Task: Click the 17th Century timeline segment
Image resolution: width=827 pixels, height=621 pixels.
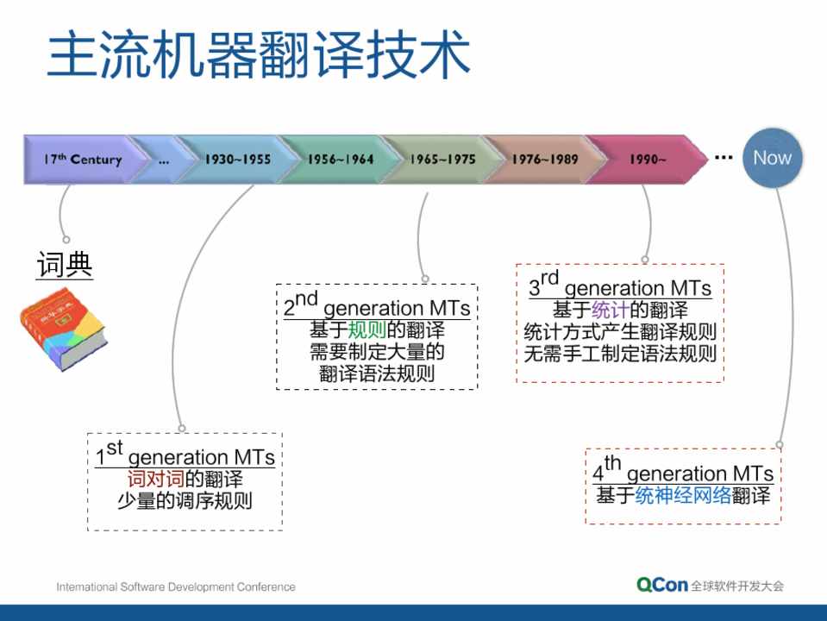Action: tap(82, 160)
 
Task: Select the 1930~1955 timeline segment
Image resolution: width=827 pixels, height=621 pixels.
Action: tap(237, 160)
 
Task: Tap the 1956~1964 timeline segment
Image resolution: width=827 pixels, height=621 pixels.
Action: tap(340, 160)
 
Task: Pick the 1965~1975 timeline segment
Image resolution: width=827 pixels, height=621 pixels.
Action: tap(442, 160)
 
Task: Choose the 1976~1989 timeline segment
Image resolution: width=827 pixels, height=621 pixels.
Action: tap(544, 160)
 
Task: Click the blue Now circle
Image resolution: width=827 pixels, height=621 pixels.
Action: tap(772, 158)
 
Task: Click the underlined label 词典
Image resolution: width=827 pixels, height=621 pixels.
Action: tap(65, 266)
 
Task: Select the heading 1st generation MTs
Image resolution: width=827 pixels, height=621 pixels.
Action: tap(185, 455)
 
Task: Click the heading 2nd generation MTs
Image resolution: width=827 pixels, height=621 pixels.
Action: tap(376, 306)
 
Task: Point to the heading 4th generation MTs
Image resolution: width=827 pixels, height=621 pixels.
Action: tap(682, 472)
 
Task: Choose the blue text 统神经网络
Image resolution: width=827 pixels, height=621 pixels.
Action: tap(683, 495)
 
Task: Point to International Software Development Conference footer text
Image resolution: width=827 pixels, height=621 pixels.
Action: tap(176, 587)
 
